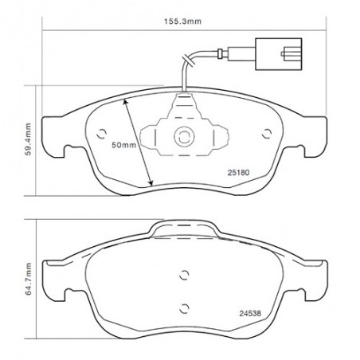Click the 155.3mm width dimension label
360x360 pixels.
pos(182,22)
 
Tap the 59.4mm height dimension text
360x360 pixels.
pos(28,139)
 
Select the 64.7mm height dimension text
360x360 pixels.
pos(28,279)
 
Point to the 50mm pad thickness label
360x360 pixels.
pos(123,145)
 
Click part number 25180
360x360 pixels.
pos(238,173)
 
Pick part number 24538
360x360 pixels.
pos(250,313)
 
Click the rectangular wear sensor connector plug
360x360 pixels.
pos(278,54)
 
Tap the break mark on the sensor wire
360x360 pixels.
pos(188,60)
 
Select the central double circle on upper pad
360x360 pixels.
pos(184,137)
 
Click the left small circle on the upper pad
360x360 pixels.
pos(101,134)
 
